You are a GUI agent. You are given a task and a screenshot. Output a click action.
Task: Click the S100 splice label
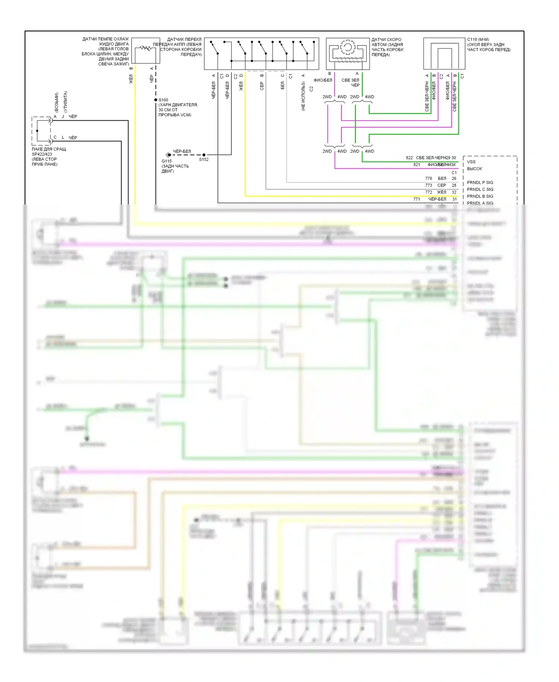coord(163,100)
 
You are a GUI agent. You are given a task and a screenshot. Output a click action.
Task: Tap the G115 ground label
coord(167,161)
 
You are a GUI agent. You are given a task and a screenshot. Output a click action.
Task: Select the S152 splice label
coord(203,159)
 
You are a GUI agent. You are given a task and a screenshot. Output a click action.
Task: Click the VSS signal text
coord(471,162)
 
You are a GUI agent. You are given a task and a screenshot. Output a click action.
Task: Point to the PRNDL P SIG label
coord(480,182)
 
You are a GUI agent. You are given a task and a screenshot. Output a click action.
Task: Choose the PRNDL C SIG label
coord(480,190)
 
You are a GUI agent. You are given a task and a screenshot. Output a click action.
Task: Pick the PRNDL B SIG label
coord(480,196)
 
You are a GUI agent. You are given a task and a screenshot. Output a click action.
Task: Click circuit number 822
coord(409,158)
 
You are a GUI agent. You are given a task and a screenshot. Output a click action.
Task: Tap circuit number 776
coord(429,178)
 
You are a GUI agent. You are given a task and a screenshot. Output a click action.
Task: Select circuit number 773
coord(429,185)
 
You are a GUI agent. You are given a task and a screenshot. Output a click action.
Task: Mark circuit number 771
coord(417,199)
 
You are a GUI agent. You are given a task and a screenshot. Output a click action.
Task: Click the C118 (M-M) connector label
coord(478,40)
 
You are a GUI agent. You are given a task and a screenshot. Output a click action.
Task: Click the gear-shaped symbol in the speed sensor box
coord(347,47)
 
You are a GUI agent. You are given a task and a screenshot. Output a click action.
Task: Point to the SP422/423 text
coord(42,154)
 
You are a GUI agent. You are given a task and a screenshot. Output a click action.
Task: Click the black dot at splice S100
coord(156,100)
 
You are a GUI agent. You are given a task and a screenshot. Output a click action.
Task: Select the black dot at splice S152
coord(204,155)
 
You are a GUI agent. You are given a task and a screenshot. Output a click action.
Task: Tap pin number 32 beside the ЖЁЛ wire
coord(454,192)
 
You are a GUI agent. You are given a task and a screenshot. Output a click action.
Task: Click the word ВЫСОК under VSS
coord(474,169)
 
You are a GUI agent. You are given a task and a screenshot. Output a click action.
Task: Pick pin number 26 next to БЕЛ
coord(454,178)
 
